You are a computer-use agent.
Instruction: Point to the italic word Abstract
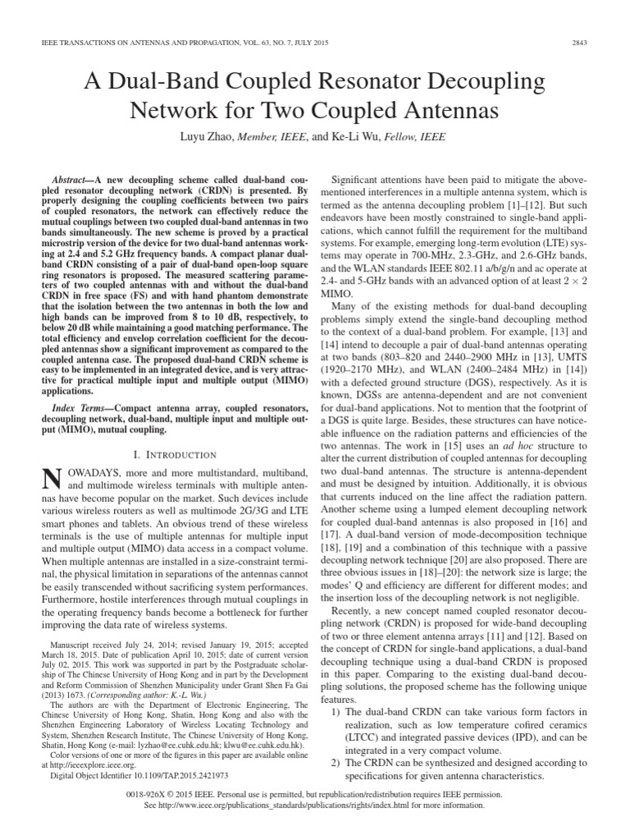pyautogui.click(x=66, y=178)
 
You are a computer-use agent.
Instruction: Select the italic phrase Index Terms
pyautogui.click(x=75, y=407)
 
